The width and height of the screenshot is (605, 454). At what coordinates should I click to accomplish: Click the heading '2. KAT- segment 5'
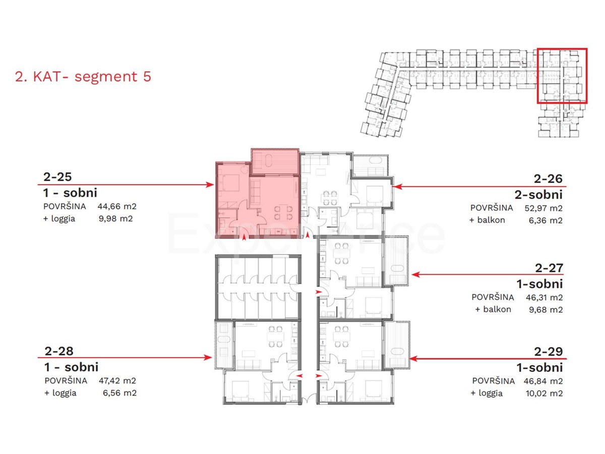(x=83, y=77)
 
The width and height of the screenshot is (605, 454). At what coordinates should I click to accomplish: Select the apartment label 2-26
(x=549, y=179)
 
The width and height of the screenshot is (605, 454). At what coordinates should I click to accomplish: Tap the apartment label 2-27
(x=549, y=268)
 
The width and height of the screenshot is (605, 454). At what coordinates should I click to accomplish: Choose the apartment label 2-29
(x=549, y=352)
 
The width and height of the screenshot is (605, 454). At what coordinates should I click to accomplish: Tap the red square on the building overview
(x=562, y=76)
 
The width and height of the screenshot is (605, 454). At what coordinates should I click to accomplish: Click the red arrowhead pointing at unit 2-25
(x=211, y=185)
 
